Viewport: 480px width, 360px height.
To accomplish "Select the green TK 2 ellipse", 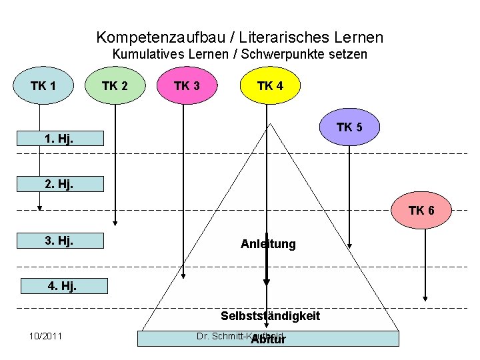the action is [x=115, y=86].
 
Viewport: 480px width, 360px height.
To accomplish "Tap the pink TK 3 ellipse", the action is [x=187, y=86].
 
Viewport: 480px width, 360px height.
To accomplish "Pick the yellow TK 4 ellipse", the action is [x=270, y=86].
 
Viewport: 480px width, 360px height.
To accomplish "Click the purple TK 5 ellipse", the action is [x=349, y=127].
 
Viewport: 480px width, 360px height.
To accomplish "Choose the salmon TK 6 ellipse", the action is [x=421, y=211].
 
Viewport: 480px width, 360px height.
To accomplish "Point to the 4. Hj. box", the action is [x=63, y=287].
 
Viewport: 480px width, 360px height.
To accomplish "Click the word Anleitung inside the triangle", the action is [x=268, y=244].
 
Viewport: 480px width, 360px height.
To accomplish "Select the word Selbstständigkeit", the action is [x=271, y=315].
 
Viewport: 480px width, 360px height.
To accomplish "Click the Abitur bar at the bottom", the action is [x=268, y=339].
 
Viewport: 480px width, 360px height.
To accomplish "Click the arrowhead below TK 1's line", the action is [x=40, y=207].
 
